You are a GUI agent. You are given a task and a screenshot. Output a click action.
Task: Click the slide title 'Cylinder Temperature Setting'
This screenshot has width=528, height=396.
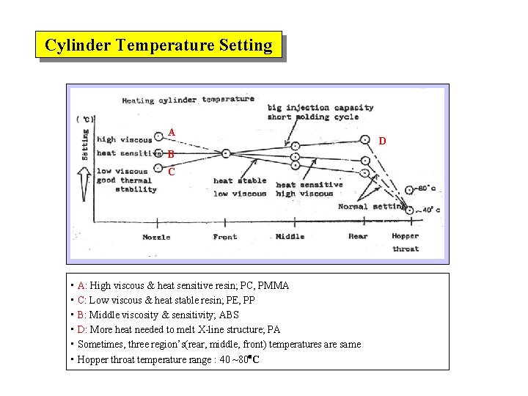(158, 45)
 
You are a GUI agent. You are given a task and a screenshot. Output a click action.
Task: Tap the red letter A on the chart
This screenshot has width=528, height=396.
(171, 133)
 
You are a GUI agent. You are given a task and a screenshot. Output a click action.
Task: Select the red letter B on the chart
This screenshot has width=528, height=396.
(170, 155)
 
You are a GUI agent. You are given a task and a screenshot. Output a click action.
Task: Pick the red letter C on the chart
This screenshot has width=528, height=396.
(171, 172)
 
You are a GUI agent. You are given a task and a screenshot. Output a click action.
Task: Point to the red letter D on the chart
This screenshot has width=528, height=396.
(383, 140)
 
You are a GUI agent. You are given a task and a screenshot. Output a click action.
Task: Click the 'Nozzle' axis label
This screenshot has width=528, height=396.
(156, 237)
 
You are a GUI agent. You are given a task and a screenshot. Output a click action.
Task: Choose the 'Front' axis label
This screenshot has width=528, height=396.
(225, 237)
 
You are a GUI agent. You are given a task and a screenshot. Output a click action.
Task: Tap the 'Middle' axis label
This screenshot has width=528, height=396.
(290, 237)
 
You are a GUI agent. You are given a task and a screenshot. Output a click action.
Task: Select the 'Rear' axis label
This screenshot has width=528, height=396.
(358, 236)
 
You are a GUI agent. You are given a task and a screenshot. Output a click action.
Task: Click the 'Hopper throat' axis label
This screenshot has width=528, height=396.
(406, 242)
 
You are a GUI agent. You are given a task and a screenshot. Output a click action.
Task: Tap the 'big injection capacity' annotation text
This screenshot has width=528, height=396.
(320, 108)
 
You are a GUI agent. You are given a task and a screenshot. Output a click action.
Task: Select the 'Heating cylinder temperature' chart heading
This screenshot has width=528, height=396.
(188, 100)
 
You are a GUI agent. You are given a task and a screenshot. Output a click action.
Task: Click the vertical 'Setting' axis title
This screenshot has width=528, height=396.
(85, 144)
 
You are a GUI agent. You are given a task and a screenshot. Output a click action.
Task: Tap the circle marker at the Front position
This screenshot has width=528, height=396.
(226, 153)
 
